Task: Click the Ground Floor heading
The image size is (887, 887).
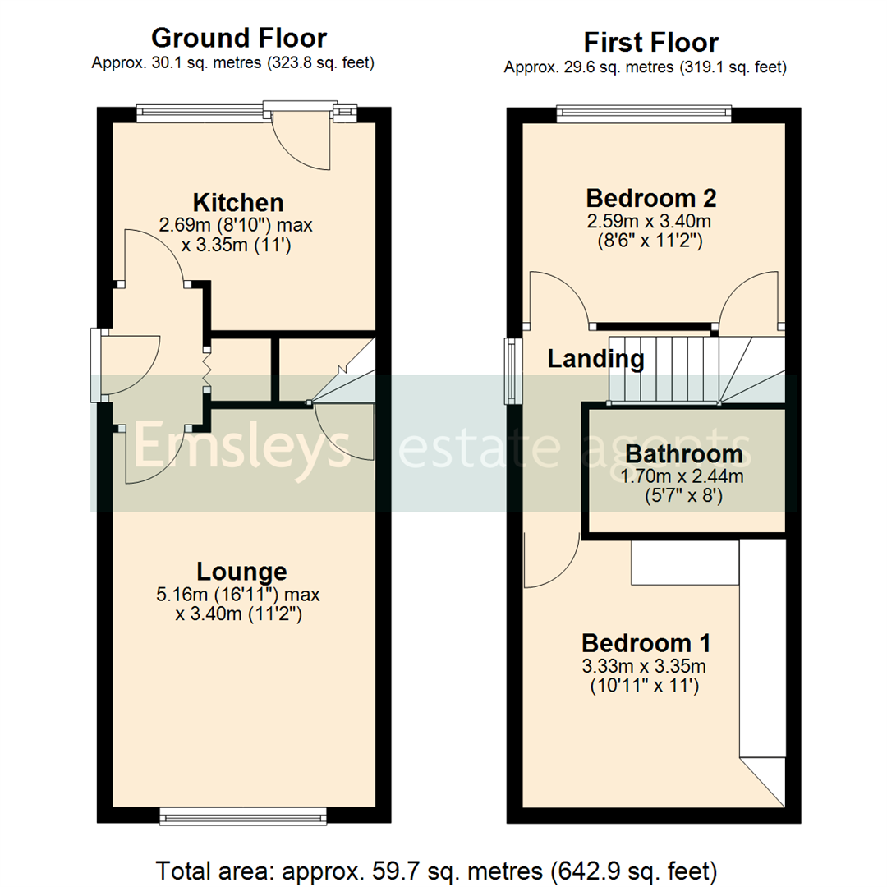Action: point(239,39)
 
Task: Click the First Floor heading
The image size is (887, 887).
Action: point(650,43)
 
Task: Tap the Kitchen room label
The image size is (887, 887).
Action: point(238,202)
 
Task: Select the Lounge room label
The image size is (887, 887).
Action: point(241,571)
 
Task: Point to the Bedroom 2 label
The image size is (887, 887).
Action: point(651,198)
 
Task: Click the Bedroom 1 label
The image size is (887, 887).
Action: point(646,642)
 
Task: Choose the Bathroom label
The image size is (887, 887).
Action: point(683,453)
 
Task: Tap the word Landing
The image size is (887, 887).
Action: point(596,359)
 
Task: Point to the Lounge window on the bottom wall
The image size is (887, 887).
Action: point(243,815)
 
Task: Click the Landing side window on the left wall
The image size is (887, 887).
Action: point(512,371)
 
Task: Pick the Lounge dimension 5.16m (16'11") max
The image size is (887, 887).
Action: point(238,593)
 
